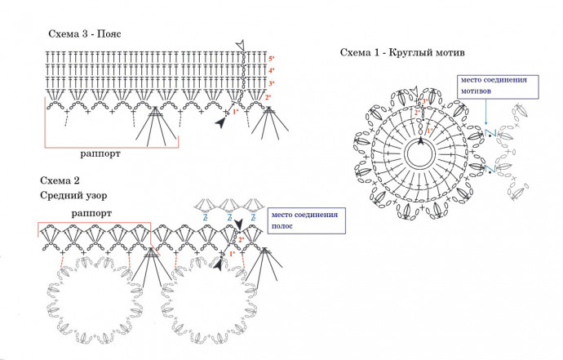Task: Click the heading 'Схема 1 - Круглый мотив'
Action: [x=402, y=53]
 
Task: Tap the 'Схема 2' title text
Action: [x=60, y=180]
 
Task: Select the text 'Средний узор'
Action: [x=73, y=196]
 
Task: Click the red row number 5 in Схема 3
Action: [x=271, y=60]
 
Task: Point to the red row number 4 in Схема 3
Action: [x=271, y=72]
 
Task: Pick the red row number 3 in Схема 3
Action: [x=271, y=84]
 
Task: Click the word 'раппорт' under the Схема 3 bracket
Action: [x=102, y=153]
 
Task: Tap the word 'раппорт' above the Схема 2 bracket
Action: [x=91, y=212]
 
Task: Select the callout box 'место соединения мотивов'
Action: [x=494, y=86]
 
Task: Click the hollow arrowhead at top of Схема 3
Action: [x=239, y=44]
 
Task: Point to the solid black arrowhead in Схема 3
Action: [x=221, y=122]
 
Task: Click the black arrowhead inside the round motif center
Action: [x=421, y=140]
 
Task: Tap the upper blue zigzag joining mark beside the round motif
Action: [x=490, y=131]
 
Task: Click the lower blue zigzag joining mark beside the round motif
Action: [x=490, y=168]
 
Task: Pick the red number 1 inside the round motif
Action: [x=430, y=130]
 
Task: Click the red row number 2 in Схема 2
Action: [x=242, y=239]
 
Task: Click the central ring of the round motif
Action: [x=421, y=152]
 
